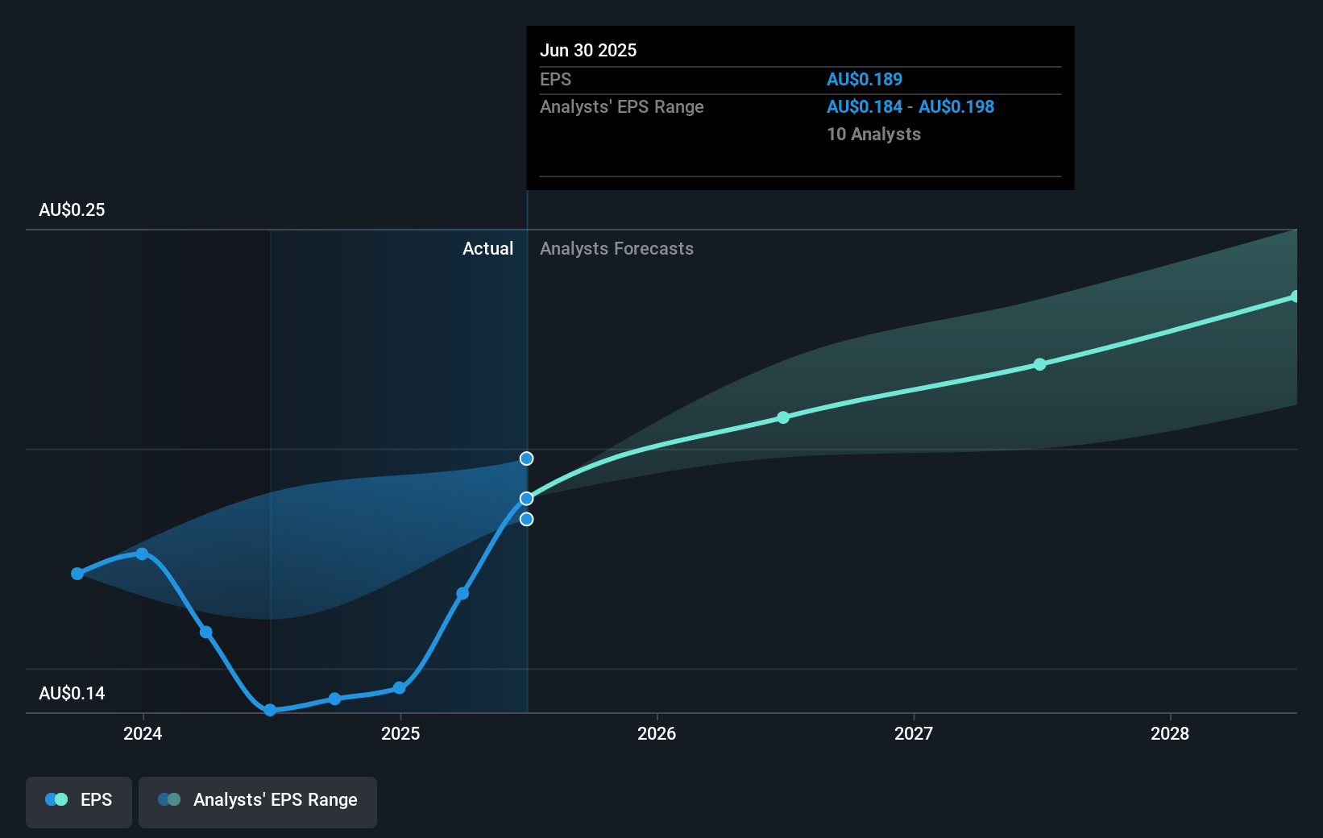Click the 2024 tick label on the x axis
[x=143, y=733]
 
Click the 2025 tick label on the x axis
[x=400, y=733]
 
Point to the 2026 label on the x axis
[x=657, y=733]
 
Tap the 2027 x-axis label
[x=914, y=733]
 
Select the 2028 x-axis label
[x=1170, y=733]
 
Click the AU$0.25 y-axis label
[x=72, y=209]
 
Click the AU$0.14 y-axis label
[x=72, y=693]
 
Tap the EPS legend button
[x=79, y=800]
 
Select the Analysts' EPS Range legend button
[x=258, y=800]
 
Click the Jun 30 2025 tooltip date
[x=588, y=50]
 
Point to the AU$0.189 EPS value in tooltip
[x=865, y=79]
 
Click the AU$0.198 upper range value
[x=956, y=106]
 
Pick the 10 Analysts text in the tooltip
[x=873, y=134]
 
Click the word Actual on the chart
[x=487, y=248]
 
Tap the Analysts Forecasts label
[x=616, y=248]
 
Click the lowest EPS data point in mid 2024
[x=271, y=710]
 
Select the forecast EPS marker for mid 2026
[x=783, y=417]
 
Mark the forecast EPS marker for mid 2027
[x=1040, y=364]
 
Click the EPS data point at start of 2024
[x=142, y=554]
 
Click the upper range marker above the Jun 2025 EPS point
[x=526, y=458]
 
